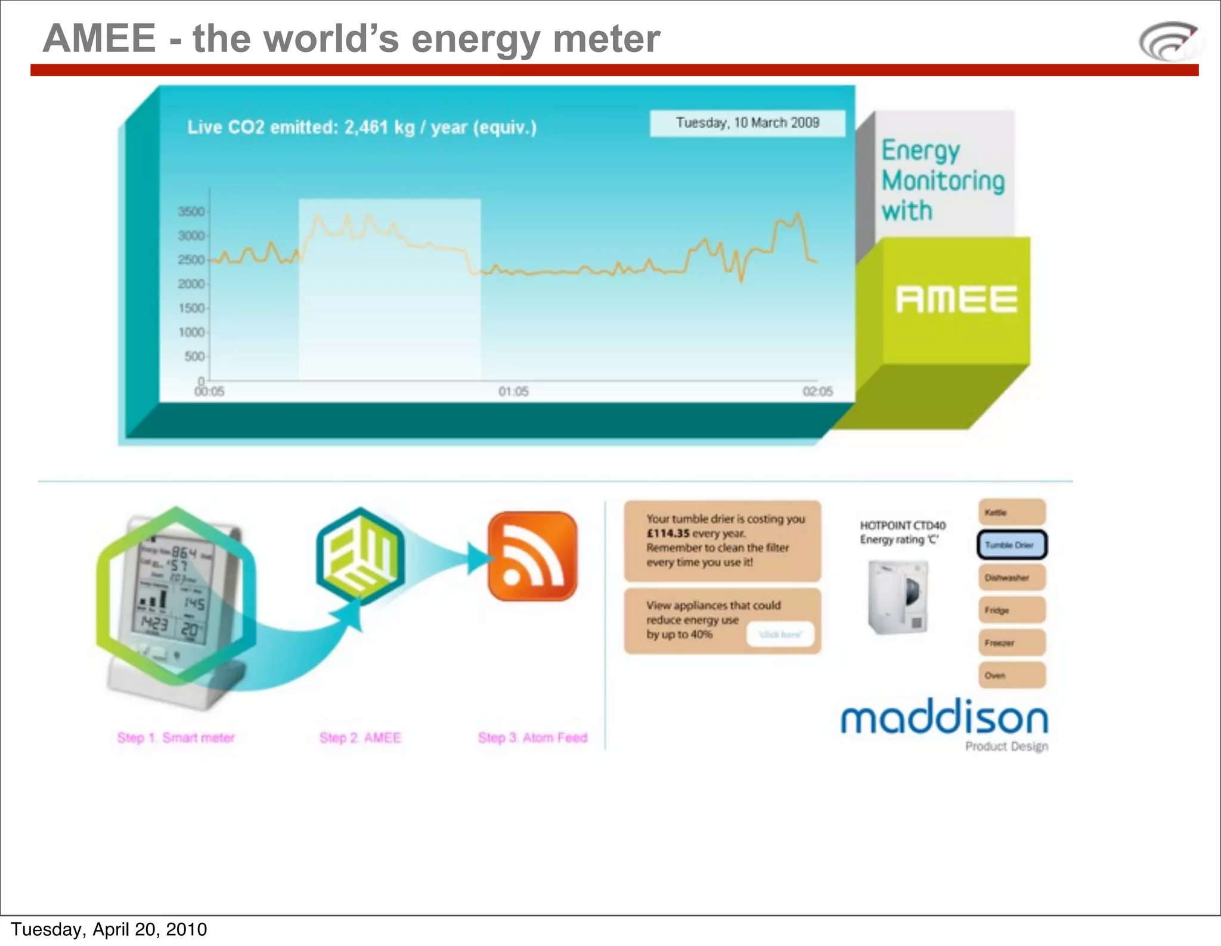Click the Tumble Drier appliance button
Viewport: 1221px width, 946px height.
[x=1011, y=545]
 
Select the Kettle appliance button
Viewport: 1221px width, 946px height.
[x=1011, y=513]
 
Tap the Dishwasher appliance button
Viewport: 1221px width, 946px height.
[x=1011, y=578]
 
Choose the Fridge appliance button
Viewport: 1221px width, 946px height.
[x=1011, y=610]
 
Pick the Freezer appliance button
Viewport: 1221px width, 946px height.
[x=1011, y=643]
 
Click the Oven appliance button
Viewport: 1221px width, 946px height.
[x=1011, y=675]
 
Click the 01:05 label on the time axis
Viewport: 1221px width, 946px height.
[x=513, y=392]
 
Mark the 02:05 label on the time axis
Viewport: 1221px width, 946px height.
[x=817, y=392]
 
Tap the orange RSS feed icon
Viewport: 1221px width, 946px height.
[x=532, y=556]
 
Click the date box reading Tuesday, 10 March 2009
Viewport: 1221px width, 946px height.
[x=747, y=123]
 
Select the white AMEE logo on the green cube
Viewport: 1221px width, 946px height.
[x=956, y=299]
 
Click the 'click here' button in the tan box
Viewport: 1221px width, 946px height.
[x=780, y=635]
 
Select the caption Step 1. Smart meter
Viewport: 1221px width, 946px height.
[x=176, y=738]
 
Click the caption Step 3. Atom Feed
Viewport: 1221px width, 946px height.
[x=532, y=738]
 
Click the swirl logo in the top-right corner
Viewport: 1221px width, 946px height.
[x=1169, y=41]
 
